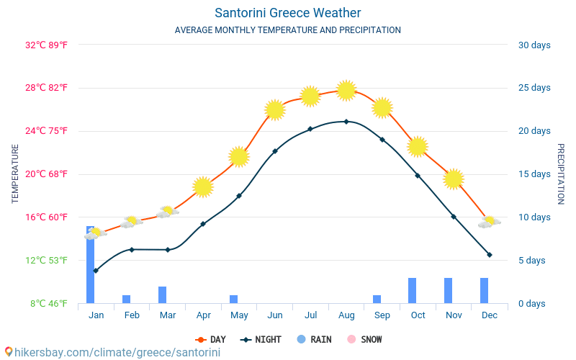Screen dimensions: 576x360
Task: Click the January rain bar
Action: [91, 264]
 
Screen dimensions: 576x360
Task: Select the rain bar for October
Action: [412, 291]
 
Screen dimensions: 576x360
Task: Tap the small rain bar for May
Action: [233, 299]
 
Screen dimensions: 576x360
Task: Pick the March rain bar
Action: [163, 295]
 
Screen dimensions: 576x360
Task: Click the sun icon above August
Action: [346, 91]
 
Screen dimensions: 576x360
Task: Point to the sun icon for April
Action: [203, 187]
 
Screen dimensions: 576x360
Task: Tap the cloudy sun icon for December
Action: [490, 222]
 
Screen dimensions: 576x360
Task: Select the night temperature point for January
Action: [96, 271]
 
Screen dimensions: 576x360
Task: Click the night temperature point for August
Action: [346, 122]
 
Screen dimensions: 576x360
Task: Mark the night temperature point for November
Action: [454, 217]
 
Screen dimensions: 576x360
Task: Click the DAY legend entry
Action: [210, 339]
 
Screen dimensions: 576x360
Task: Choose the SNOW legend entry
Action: [364, 339]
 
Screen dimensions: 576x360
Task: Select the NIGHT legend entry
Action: [261, 339]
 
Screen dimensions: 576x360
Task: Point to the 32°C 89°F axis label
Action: [46, 45]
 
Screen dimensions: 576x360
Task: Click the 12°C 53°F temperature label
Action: [46, 261]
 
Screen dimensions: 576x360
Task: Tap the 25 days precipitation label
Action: [534, 88]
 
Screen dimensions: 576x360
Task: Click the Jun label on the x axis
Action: [275, 315]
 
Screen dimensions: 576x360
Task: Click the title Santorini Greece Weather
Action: [287, 13]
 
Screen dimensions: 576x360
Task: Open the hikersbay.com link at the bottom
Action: [117, 352]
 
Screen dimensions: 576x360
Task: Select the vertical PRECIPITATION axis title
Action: [561, 174]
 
